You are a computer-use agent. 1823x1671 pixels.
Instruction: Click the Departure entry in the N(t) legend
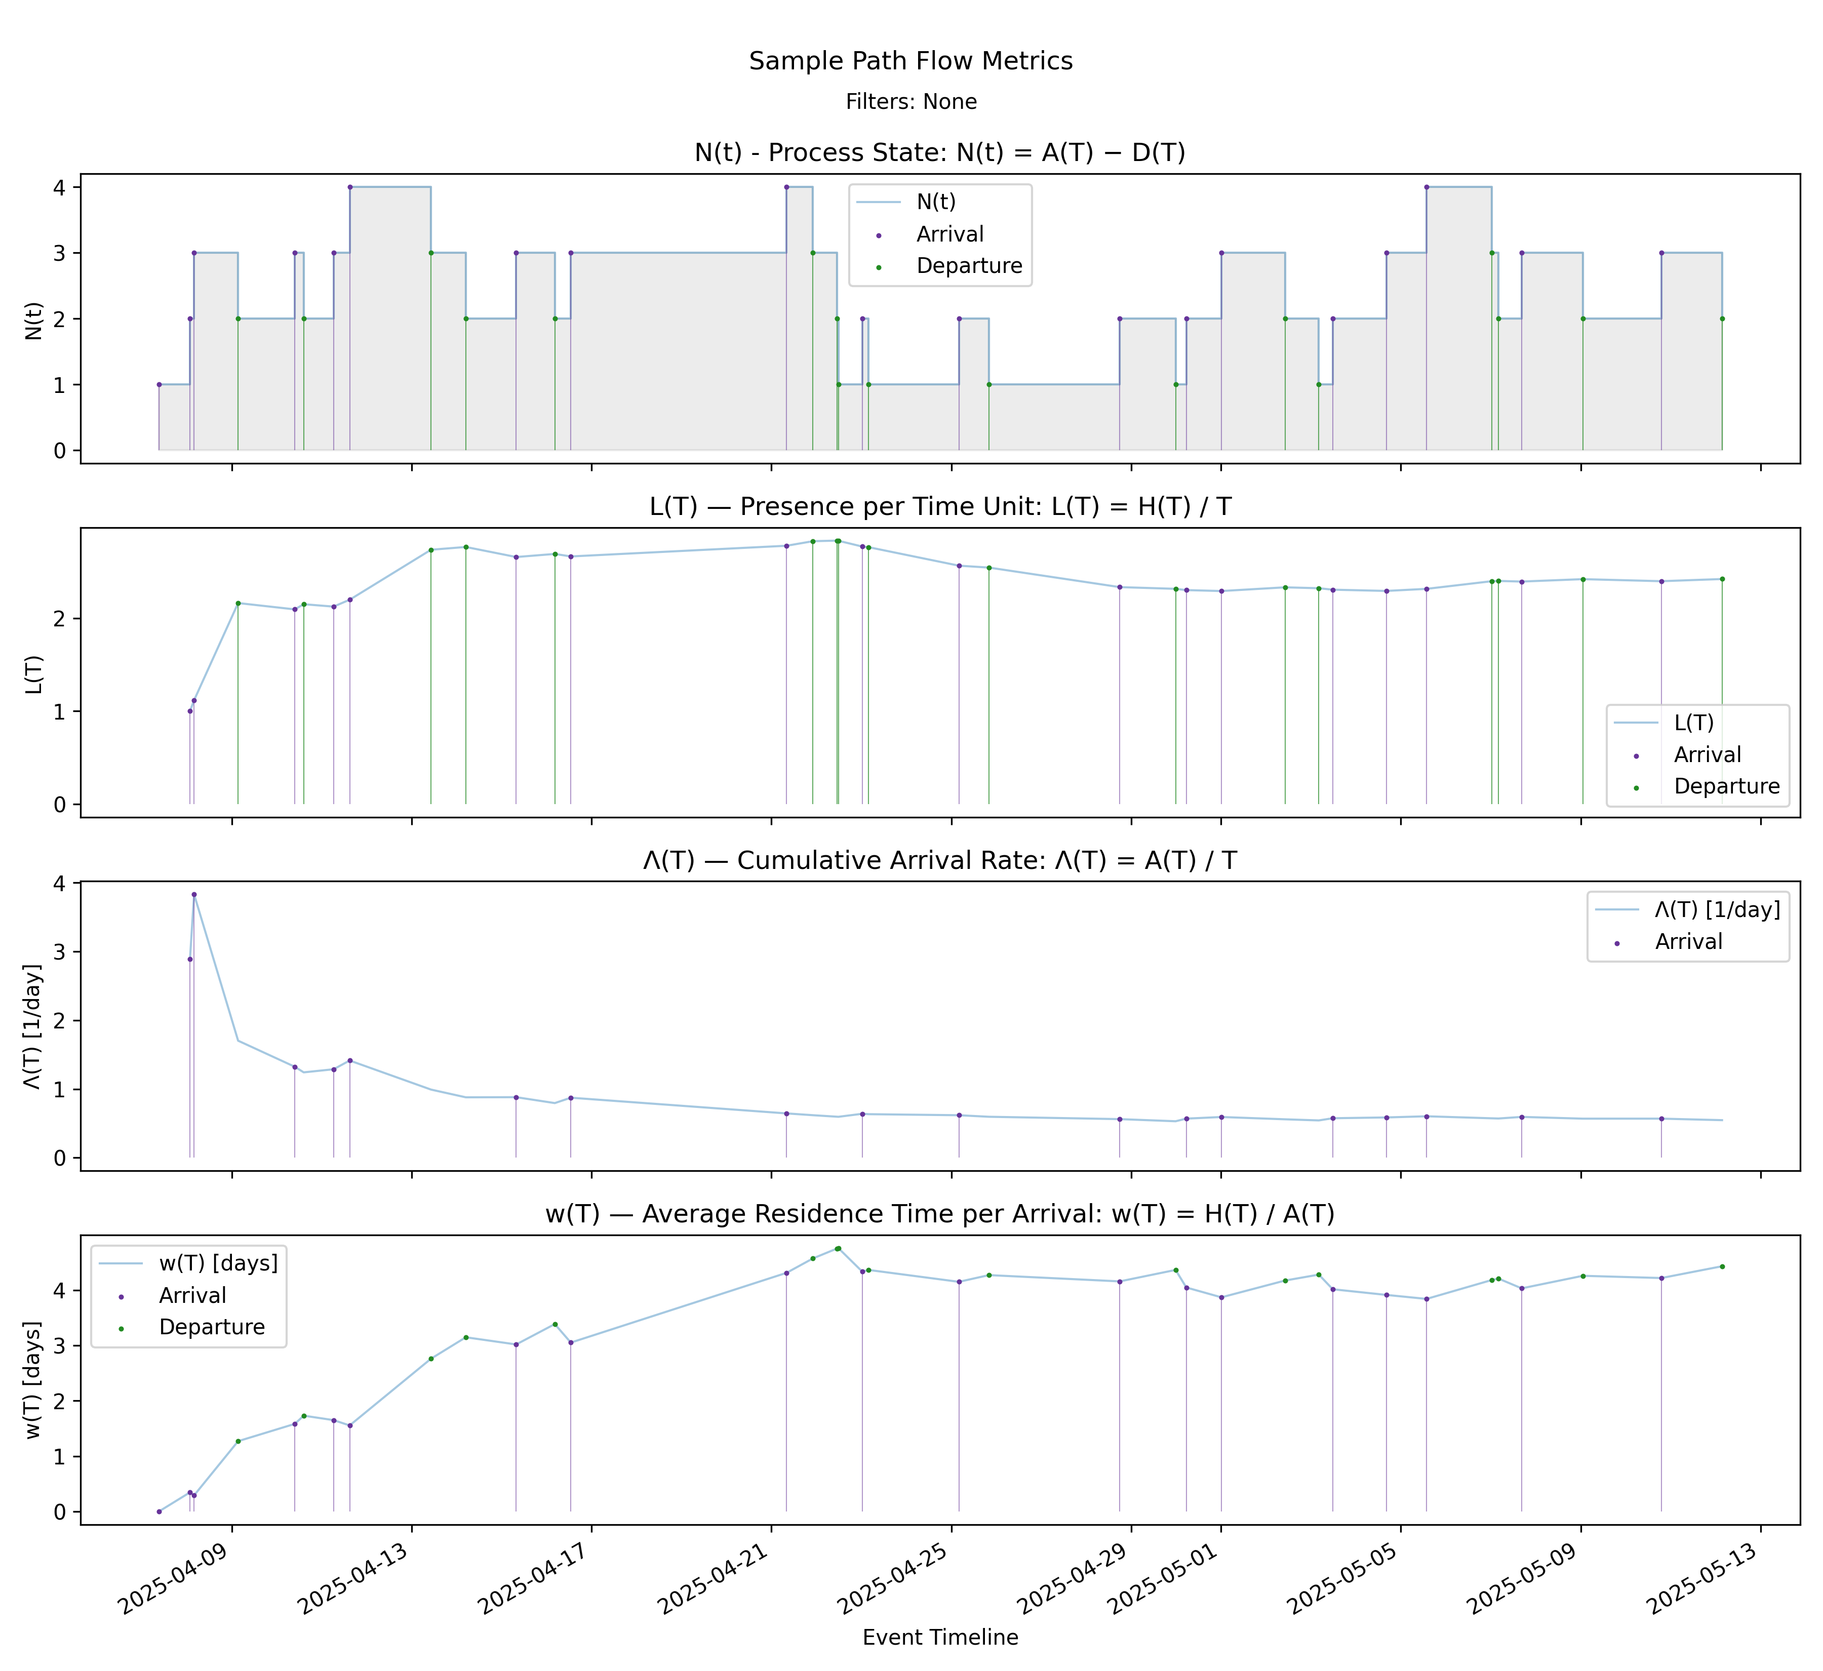[x=968, y=266]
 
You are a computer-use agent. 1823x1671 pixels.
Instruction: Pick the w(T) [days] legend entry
[x=218, y=1263]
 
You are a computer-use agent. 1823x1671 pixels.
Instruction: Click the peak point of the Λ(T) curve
[x=193, y=894]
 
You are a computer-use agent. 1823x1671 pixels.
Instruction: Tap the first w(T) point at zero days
[x=159, y=1512]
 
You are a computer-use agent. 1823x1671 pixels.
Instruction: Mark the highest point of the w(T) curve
[x=838, y=1248]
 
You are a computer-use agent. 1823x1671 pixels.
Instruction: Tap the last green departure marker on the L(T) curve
[x=1722, y=579]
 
